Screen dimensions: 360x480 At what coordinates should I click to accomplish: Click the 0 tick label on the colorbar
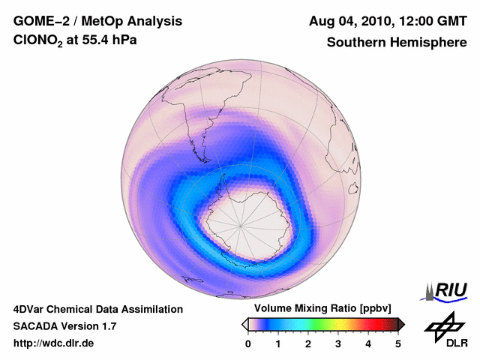pyautogui.click(x=248, y=343)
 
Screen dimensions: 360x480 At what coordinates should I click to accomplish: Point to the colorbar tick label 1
pyautogui.click(x=278, y=343)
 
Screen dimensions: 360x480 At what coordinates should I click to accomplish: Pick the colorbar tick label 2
pyautogui.click(x=308, y=343)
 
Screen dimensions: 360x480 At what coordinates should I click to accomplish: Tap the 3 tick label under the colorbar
pyautogui.click(x=338, y=343)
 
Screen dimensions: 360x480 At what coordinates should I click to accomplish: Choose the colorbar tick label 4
pyautogui.click(x=368, y=343)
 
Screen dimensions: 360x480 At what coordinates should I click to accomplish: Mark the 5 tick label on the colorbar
pyautogui.click(x=398, y=343)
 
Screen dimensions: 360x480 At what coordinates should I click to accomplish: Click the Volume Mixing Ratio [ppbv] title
pyautogui.click(x=319, y=308)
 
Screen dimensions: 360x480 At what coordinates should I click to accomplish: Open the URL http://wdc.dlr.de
pyautogui.click(x=54, y=343)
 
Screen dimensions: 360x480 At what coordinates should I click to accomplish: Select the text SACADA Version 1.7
pyautogui.click(x=64, y=326)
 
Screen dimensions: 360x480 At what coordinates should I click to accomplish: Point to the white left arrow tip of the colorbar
pyautogui.click(x=245, y=324)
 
